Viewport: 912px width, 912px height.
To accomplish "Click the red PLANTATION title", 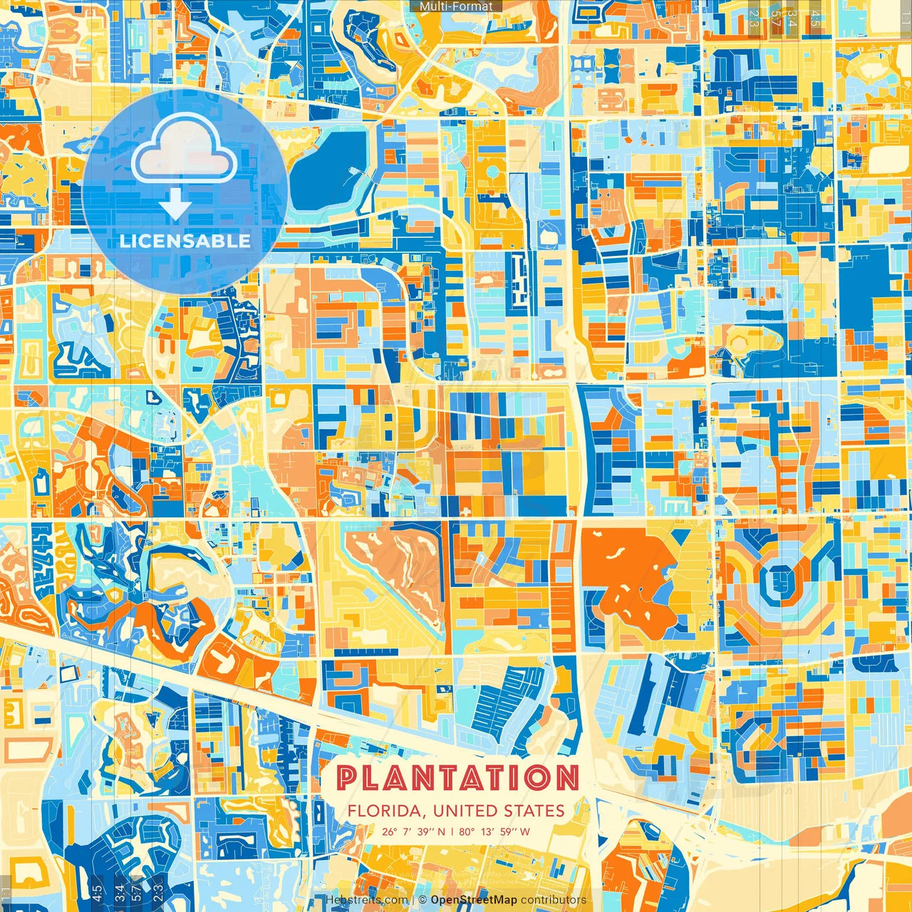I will tap(457, 778).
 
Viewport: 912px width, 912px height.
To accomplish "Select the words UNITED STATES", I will tap(498, 811).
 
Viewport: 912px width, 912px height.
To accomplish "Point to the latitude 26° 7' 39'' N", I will tap(413, 831).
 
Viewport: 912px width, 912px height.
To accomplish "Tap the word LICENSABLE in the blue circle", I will tap(185, 241).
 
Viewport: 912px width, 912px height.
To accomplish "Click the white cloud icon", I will tap(184, 150).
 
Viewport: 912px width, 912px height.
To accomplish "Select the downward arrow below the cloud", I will tap(175, 205).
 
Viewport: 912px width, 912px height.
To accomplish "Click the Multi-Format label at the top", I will tap(456, 6).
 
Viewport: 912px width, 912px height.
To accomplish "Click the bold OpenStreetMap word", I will tap(474, 900).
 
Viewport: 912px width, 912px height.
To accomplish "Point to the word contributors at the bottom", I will tap(554, 900).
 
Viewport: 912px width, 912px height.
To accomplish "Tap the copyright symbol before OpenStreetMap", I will tap(423, 900).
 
